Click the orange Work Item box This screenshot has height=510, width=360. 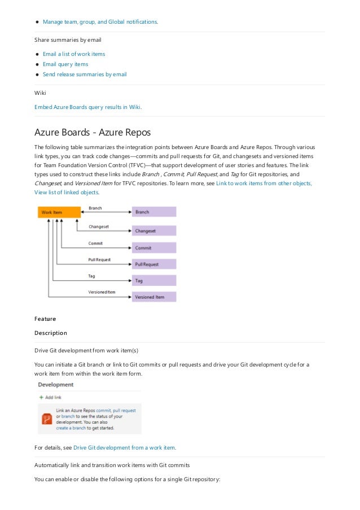[59, 212]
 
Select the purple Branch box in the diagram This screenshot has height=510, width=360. [154, 212]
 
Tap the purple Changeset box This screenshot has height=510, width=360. [154, 230]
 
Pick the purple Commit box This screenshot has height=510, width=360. [154, 247]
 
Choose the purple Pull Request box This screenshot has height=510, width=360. [154, 264]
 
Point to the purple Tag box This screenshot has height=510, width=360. [154, 280]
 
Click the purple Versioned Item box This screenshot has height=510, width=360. [154, 297]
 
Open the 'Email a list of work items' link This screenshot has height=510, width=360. [74, 54]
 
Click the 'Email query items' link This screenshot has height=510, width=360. [65, 64]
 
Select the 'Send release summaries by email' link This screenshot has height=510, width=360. [85, 75]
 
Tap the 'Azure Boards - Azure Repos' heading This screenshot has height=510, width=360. [93, 133]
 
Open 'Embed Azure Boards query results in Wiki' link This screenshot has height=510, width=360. [87, 106]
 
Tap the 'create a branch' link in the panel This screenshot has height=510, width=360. [72, 428]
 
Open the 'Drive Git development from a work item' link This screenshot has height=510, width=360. [124, 448]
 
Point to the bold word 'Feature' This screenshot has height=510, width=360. [45, 319]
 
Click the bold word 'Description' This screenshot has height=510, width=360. [51, 333]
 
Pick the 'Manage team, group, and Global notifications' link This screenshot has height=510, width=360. [100, 22]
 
